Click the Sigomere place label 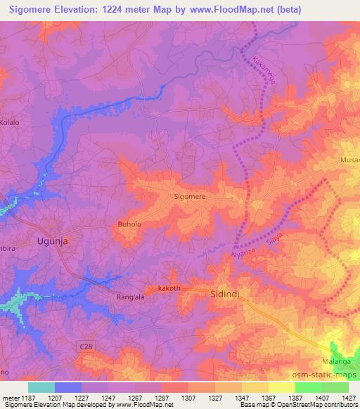(x=190, y=197)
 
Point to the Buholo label (x=129, y=225)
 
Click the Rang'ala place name (x=129, y=297)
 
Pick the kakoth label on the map (x=169, y=288)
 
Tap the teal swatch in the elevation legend (x=41, y=387)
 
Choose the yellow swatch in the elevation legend (x=281, y=387)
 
